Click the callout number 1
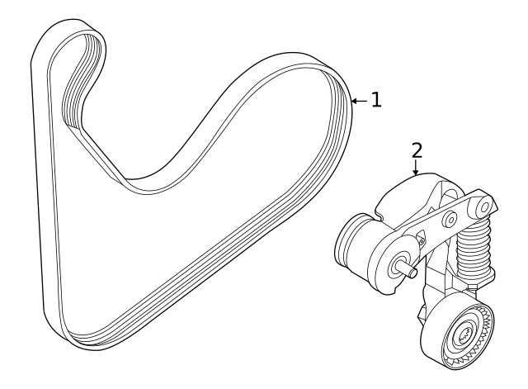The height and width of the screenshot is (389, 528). click(376, 100)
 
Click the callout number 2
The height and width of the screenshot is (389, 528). click(417, 149)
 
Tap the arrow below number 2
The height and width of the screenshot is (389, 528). click(416, 167)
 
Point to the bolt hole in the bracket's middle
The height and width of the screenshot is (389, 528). click(450, 220)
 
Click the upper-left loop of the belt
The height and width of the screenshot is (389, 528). click(74, 50)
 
